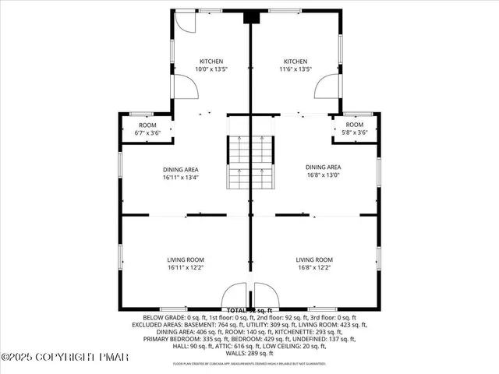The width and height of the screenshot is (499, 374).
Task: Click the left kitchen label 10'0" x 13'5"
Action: coord(211,65)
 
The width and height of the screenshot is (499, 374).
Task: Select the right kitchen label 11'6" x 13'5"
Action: coord(296,65)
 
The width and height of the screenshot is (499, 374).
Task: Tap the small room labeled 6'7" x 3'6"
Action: coord(148,129)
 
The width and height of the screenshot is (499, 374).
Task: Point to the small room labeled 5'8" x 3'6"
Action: coord(354,129)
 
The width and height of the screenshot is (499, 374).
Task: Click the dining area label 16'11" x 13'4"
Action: coord(180,171)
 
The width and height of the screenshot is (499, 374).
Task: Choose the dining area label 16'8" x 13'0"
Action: coord(323,171)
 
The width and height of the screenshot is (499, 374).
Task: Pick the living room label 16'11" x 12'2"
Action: coord(185,264)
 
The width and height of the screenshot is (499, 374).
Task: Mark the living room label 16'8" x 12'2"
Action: coord(314,264)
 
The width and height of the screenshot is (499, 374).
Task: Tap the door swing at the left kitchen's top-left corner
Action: coord(183,22)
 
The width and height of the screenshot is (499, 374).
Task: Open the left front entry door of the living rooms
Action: coord(234,297)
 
